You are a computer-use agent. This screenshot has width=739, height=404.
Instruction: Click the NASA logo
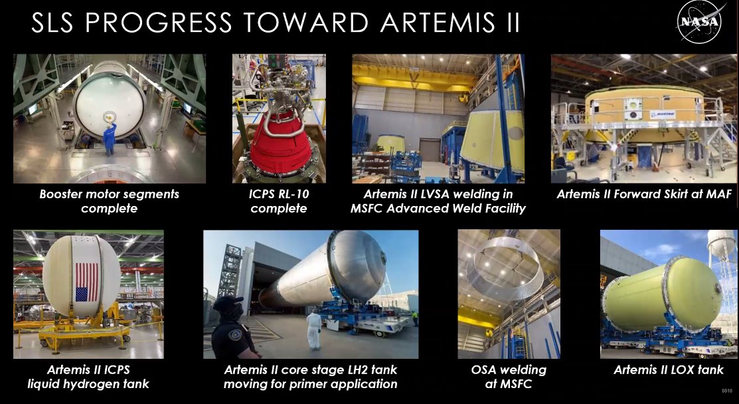coord(699,22)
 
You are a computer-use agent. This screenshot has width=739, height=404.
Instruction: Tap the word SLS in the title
coord(52,22)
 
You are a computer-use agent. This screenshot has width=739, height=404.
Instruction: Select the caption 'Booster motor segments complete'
coord(110,201)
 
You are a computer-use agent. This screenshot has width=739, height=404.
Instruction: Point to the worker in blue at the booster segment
coord(110,139)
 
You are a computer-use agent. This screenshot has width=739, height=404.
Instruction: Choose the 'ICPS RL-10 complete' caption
coord(279,201)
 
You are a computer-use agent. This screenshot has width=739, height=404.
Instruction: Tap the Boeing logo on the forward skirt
coord(663,114)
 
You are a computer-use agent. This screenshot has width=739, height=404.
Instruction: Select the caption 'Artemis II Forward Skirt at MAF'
coord(644,194)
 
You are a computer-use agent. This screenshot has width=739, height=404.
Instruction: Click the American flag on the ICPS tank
coord(87,282)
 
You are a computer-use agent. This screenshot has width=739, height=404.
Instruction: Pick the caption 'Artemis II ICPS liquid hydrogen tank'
coord(88,377)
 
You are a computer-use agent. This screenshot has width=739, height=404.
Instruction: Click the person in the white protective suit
coord(314,330)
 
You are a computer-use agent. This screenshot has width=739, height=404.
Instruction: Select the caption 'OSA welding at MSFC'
coord(509,377)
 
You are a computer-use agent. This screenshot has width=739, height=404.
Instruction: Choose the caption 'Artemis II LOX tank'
coord(669,370)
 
